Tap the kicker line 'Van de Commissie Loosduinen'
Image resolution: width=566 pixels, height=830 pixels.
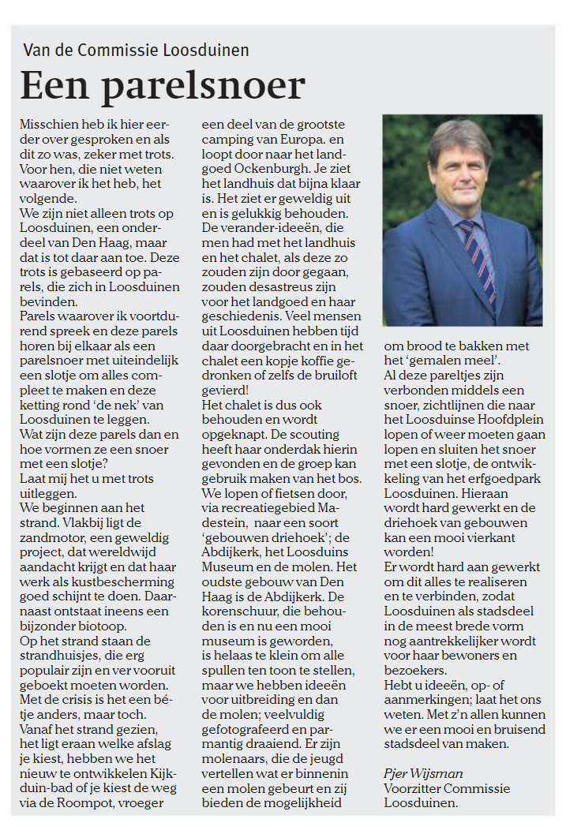tap(136, 51)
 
